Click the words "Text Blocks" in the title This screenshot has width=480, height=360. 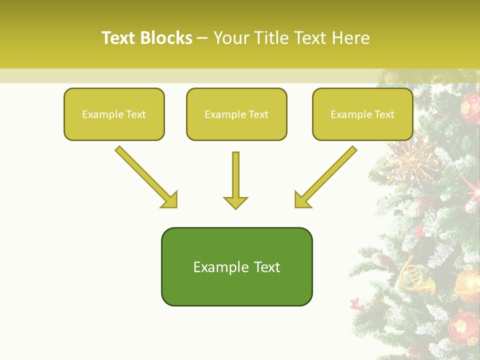coord(147,38)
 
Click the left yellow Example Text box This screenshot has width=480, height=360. coord(114,114)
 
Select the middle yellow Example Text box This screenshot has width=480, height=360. coord(236,114)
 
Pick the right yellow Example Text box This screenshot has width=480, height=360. coord(362,114)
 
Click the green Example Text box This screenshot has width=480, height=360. coord(236,267)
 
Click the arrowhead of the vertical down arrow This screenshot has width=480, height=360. coord(235,202)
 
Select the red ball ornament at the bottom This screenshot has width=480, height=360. coord(463,327)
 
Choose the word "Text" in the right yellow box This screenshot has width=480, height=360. coord(384,114)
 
